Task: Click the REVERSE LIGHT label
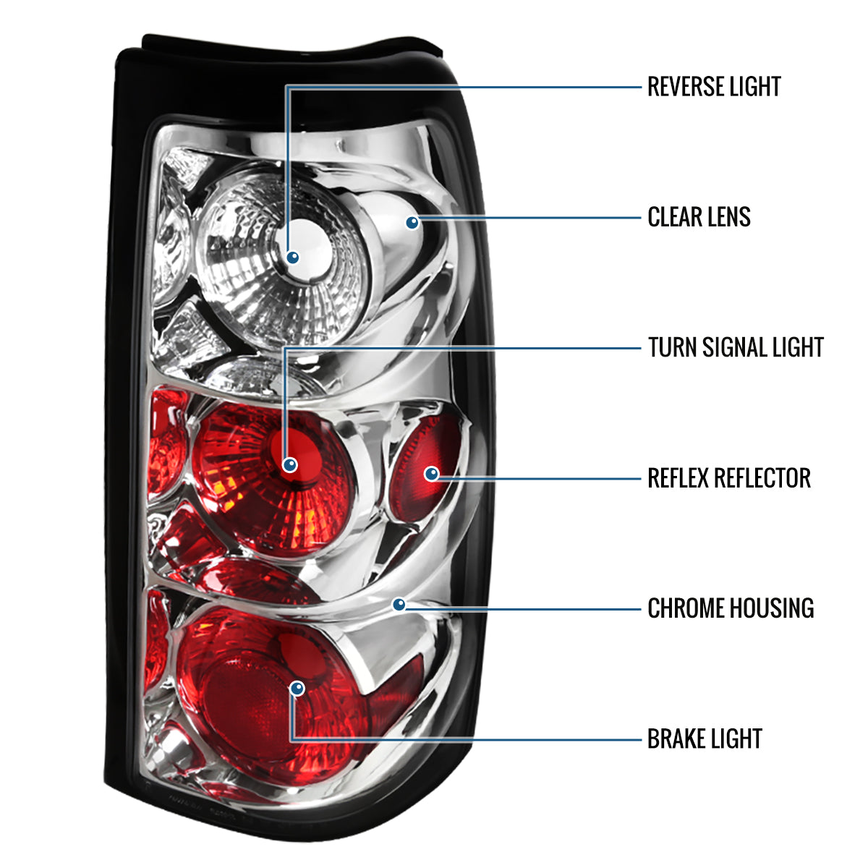pos(713,87)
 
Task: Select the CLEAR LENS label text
pos(699,217)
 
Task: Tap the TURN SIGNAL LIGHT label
pos(736,347)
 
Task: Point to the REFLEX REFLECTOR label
pos(729,477)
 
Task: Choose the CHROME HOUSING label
pos(731,608)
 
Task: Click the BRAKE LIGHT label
pos(705,739)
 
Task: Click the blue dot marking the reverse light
pos(293,258)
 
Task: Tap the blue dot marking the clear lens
pos(412,222)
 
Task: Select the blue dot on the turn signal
pos(289,464)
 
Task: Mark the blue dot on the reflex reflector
pos(432,473)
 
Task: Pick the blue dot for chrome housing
pos(399,605)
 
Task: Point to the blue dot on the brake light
pos(297,689)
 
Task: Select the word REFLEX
pos(677,477)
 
